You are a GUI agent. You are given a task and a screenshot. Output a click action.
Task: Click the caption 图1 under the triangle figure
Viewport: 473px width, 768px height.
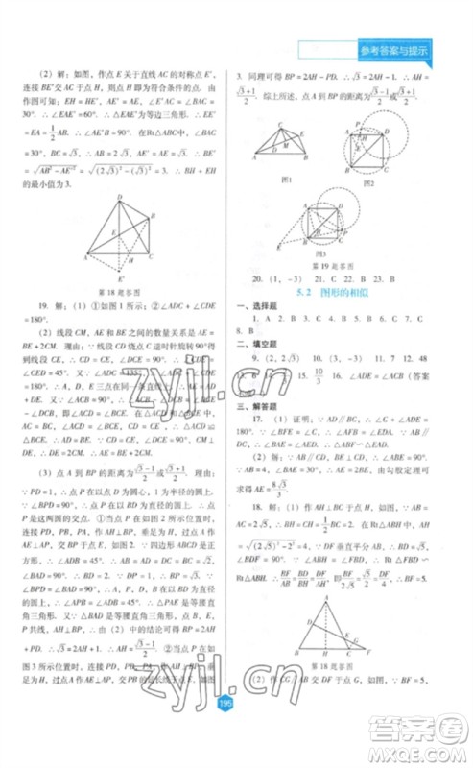click(x=285, y=179)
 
